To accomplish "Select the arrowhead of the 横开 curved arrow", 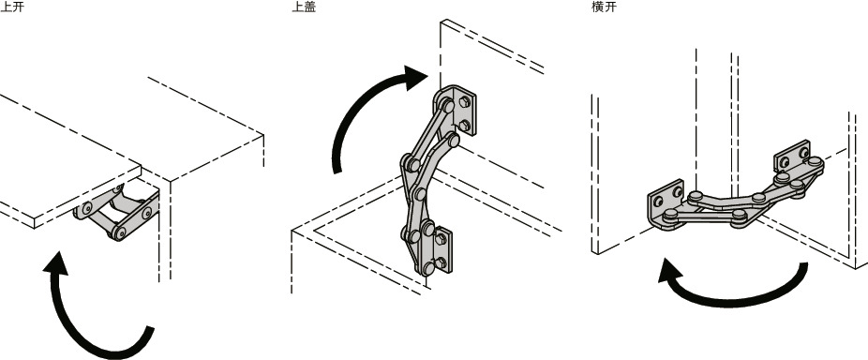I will pos(671,275).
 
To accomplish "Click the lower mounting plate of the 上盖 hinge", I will pos(442,251).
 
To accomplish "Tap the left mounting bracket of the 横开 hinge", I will pos(666,199).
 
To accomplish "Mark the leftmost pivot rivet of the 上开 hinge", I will pos(86,208).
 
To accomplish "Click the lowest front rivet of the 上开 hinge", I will pos(120,232).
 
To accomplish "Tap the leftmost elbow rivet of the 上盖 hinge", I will pos(407,166).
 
